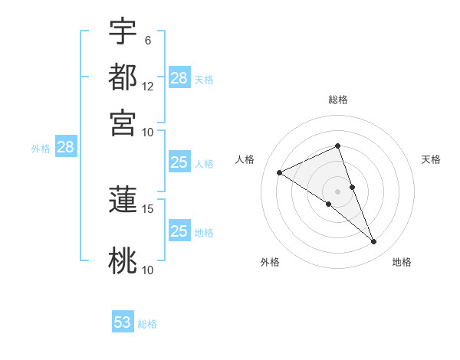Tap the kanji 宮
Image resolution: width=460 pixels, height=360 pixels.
(123, 123)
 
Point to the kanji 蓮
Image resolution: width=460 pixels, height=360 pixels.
(123, 200)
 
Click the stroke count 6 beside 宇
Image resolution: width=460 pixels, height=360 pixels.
(147, 40)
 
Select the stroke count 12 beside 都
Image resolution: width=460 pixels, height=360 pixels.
(148, 86)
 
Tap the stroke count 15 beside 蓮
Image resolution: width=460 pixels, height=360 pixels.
(148, 208)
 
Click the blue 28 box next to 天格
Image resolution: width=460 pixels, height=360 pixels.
(179, 77)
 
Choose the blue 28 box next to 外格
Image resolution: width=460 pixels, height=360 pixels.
(65, 147)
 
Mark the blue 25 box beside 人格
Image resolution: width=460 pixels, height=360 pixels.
(179, 162)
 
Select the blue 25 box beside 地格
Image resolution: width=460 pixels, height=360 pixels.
(179, 231)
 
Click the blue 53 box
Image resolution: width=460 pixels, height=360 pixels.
(123, 322)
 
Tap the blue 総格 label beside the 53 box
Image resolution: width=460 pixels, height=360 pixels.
(148, 324)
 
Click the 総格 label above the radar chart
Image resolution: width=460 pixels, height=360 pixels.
(338, 100)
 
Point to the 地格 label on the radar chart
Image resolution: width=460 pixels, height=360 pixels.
(402, 263)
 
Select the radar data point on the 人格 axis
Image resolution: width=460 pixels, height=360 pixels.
(280, 173)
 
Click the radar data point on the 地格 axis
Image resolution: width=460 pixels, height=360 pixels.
(374, 242)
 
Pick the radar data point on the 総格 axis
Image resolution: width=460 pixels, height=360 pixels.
(338, 146)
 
